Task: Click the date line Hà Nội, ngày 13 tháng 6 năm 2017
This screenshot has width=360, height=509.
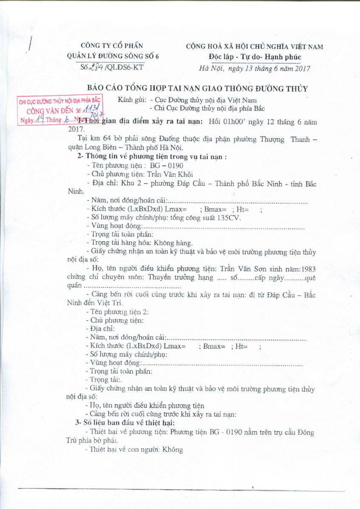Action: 255,68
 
